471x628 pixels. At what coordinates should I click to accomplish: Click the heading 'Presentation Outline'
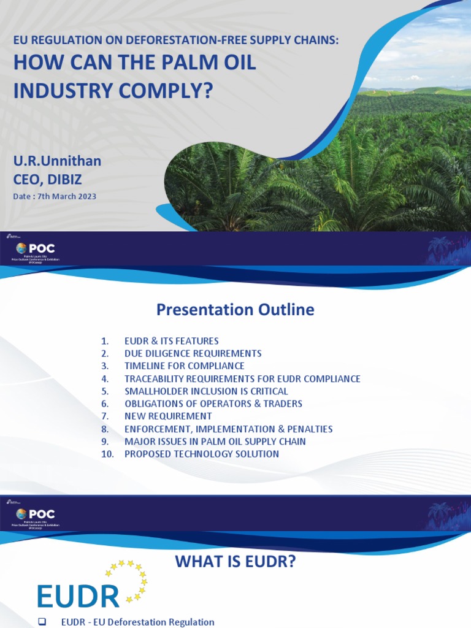(x=235, y=310)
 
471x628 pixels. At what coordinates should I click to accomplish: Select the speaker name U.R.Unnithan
(x=58, y=161)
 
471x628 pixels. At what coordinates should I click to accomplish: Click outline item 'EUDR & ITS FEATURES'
(x=171, y=341)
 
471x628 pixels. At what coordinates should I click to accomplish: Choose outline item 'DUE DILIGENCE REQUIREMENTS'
(x=193, y=353)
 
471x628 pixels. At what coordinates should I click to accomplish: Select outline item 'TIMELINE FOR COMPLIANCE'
(x=184, y=366)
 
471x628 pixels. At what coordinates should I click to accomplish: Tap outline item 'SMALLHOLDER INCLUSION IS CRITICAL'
(x=206, y=391)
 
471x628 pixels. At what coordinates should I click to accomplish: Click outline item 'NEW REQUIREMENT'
(x=168, y=416)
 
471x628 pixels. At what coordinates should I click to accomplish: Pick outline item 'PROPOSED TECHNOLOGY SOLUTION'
(x=201, y=454)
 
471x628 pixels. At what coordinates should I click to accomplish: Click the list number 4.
(x=105, y=378)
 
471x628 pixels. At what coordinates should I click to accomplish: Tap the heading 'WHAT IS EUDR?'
(x=235, y=561)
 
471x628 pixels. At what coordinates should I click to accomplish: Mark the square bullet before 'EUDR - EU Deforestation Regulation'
(x=42, y=622)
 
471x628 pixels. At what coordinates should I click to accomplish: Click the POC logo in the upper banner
(x=37, y=248)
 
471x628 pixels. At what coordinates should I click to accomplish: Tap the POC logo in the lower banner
(x=37, y=514)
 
